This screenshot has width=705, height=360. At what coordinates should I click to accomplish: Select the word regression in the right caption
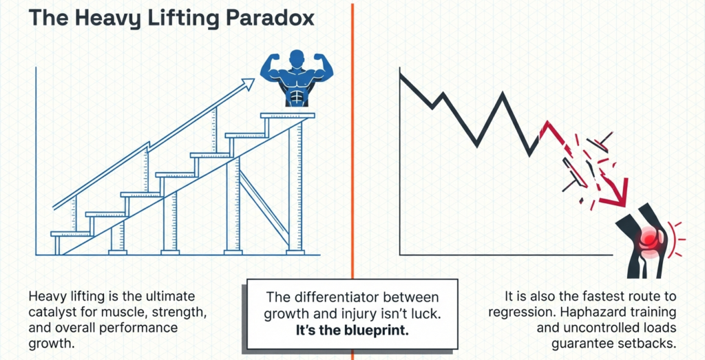(525, 313)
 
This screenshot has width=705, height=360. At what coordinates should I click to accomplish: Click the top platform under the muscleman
(287, 116)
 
